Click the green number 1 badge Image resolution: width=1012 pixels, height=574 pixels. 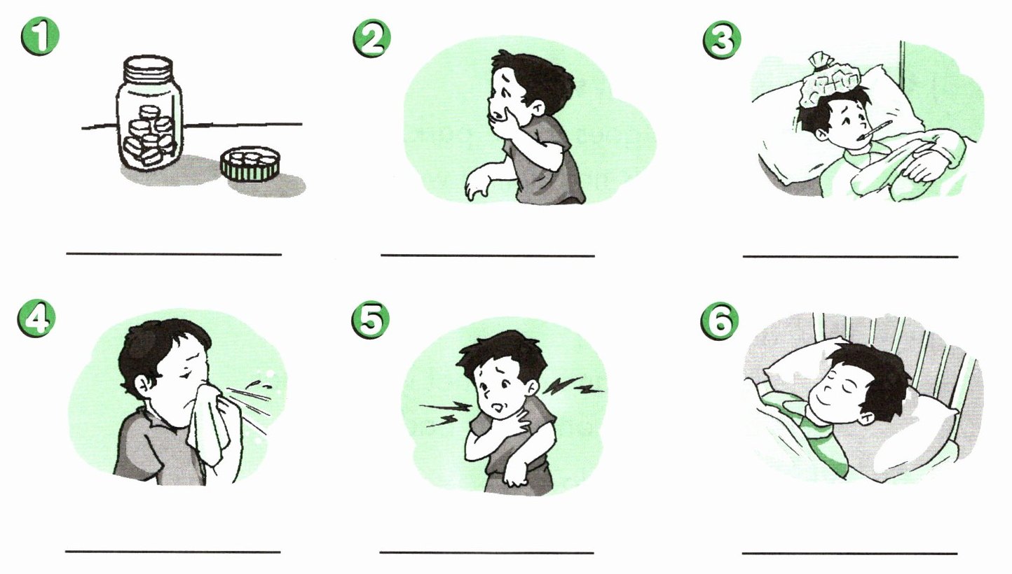(x=40, y=36)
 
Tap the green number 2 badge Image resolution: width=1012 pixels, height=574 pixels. (x=372, y=38)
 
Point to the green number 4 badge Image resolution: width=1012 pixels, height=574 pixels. (x=37, y=319)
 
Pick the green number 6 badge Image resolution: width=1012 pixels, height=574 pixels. (x=720, y=321)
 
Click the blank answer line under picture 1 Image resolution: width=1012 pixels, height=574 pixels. (x=174, y=254)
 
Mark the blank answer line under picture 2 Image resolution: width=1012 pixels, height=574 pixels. (x=488, y=255)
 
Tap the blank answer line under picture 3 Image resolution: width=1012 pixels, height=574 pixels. (x=850, y=256)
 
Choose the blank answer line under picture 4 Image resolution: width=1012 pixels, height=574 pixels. (x=172, y=552)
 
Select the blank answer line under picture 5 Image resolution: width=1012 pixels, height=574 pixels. (x=486, y=552)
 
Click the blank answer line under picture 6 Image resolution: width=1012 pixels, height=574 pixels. (x=849, y=553)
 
